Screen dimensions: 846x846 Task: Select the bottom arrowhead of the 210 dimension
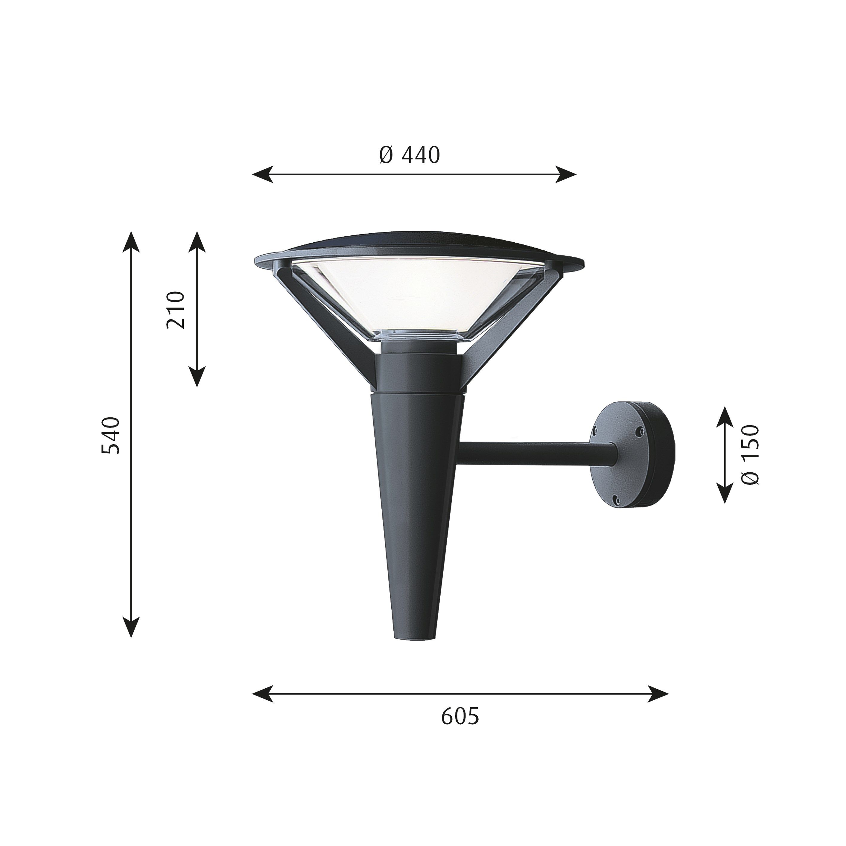click(x=197, y=377)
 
